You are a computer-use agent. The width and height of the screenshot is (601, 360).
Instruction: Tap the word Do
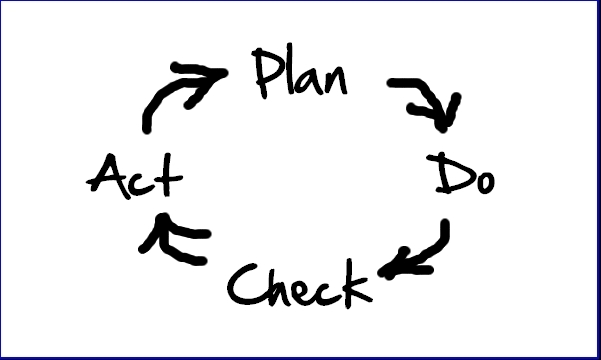pos(465,176)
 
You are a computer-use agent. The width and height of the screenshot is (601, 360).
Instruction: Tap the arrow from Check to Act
pos(172,242)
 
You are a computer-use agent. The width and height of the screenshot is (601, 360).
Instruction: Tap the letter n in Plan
pos(335,81)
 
